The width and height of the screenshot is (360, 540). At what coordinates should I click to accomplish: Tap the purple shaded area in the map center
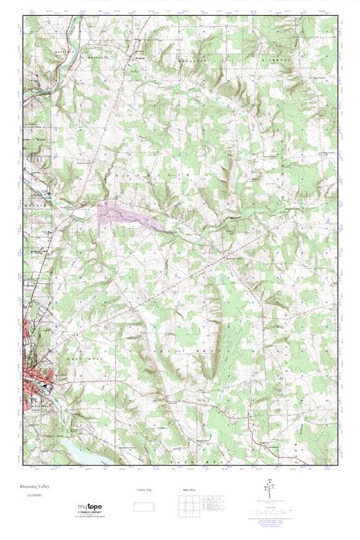tap(126, 216)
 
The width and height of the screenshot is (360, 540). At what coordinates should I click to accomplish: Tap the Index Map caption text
tap(189, 490)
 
